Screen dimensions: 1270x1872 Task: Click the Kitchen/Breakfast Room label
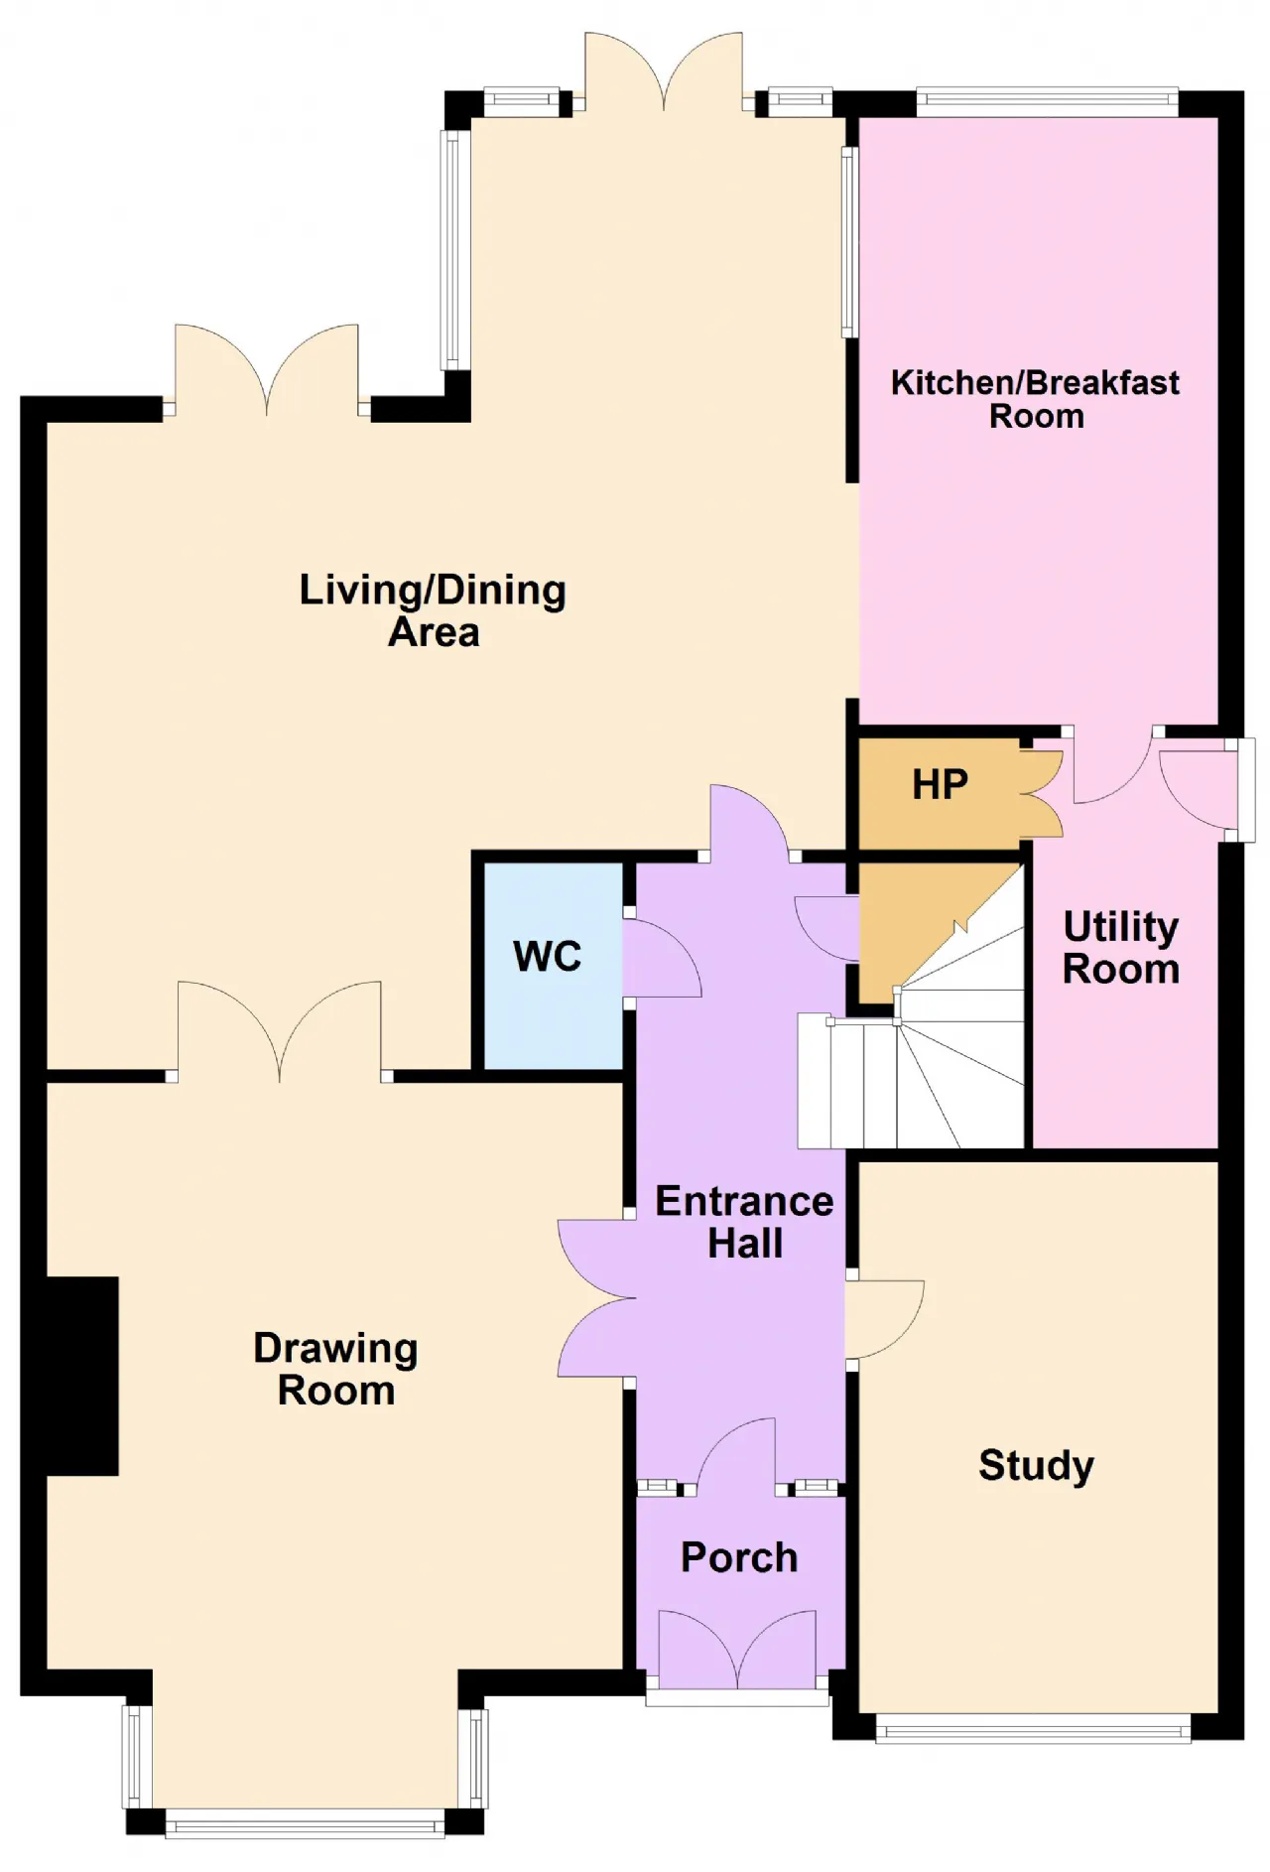1035,399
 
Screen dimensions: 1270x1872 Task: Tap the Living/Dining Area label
434,610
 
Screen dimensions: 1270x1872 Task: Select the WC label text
548,957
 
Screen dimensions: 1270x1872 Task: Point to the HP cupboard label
940,785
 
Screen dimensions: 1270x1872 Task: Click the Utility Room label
1121,948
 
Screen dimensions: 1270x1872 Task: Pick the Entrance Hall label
744,1222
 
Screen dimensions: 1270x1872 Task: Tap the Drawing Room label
335,1369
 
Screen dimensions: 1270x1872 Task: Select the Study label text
1036,1466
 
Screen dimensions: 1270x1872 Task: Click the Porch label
739,1557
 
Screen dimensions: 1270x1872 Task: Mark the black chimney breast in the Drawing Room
82,1376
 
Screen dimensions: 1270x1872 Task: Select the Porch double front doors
737,1649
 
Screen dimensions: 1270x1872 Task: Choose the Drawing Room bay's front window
305,1823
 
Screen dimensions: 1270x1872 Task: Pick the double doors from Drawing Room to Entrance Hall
596,1297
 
